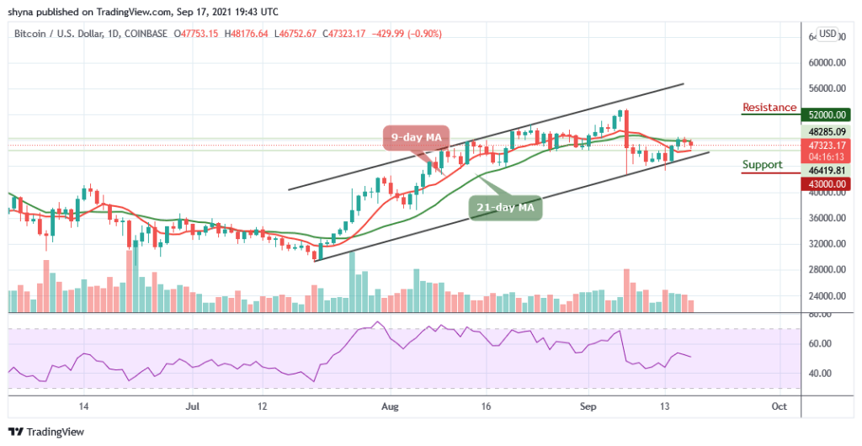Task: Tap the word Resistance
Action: [769, 108]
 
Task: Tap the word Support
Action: [762, 165]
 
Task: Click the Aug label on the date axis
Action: [390, 405]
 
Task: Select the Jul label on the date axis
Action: [193, 405]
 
